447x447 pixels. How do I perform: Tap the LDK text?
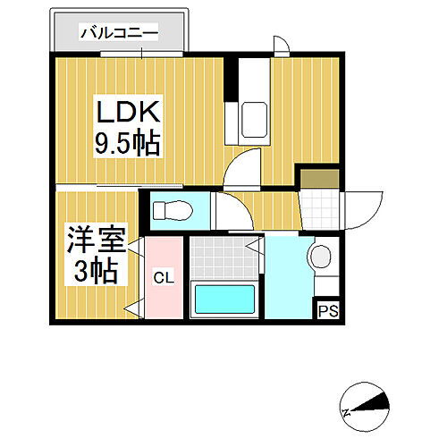[x=129, y=114]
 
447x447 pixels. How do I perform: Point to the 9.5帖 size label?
[x=129, y=143]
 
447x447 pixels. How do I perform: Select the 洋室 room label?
[x=93, y=240]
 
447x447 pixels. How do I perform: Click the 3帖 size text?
[x=93, y=269]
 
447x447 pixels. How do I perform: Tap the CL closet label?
[x=163, y=278]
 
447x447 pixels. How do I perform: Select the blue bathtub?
[x=223, y=298]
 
